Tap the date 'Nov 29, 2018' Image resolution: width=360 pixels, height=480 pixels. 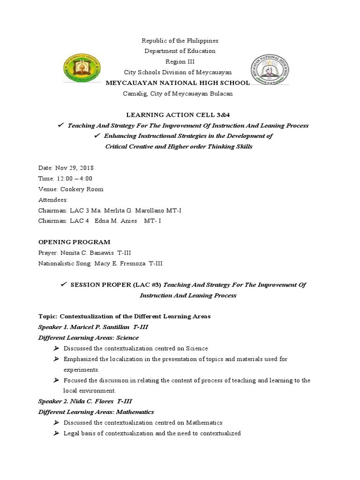tap(74, 168)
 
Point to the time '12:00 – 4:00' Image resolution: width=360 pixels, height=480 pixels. tap(73, 179)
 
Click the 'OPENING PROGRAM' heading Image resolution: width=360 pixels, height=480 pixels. tap(74, 242)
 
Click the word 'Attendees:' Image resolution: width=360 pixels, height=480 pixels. tap(53, 200)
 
